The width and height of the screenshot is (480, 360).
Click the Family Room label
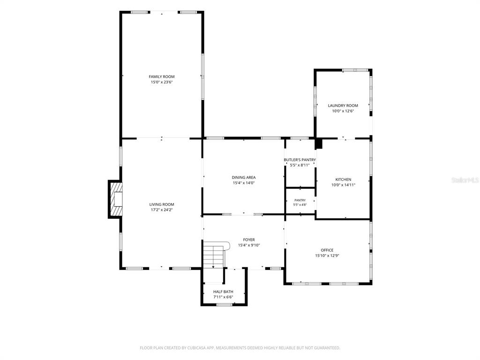pos(162,76)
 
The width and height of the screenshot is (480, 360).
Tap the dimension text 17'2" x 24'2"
pos(162,210)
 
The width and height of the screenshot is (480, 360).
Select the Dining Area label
pos(244,177)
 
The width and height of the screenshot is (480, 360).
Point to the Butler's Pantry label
pos(300,160)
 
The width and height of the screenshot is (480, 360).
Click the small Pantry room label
pos(300,200)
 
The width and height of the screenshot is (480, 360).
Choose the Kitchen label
pos(343,180)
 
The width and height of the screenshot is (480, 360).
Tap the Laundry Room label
pos(343,105)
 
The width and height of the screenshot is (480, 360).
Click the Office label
pos(327,250)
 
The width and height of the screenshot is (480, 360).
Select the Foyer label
pos(249,240)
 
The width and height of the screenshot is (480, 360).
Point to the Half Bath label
pos(223,292)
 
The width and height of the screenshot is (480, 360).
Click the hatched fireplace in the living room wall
pos(115,199)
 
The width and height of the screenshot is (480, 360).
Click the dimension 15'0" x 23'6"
pos(162,82)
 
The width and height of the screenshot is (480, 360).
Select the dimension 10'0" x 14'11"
pos(343,185)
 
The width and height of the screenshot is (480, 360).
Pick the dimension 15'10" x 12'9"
pos(327,255)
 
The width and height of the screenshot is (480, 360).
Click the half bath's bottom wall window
pos(225,304)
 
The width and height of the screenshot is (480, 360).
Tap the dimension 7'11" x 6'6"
pos(223,297)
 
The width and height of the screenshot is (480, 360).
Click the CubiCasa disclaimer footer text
pos(240,348)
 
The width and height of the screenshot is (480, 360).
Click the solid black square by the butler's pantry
pos(319,143)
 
